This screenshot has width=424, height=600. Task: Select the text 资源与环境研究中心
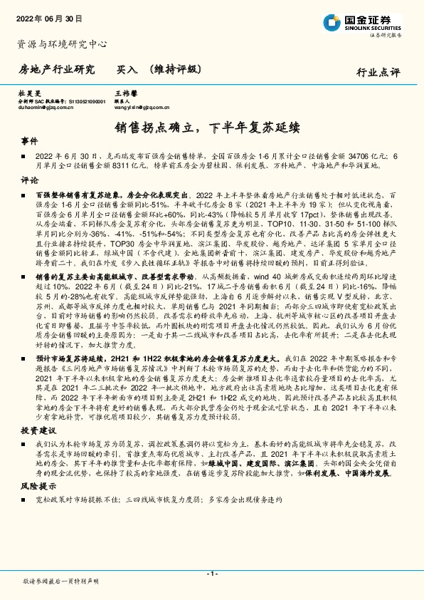pyautogui.click(x=62, y=44)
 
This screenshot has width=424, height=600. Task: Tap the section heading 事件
pyautogui.click(x=30, y=141)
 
